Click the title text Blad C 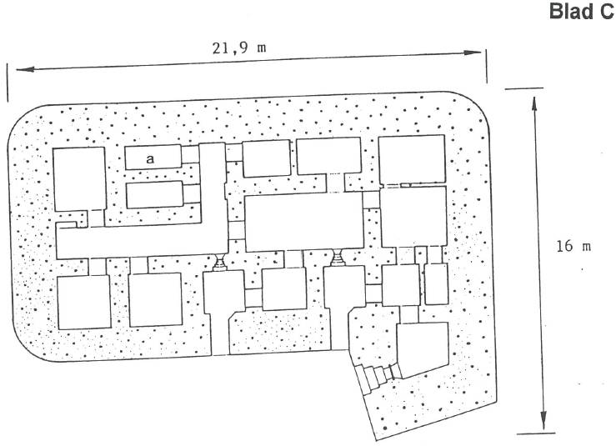pyautogui.click(x=582, y=12)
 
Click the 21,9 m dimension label pyautogui.click(x=239, y=48)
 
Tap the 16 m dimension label pyautogui.click(x=573, y=247)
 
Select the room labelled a pyautogui.click(x=153, y=158)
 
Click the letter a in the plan pyautogui.click(x=150, y=159)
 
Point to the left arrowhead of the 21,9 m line pyautogui.click(x=24, y=69)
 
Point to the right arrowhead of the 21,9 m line pyautogui.click(x=473, y=53)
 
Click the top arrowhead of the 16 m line pyautogui.click(x=533, y=105)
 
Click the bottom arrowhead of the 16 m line pyautogui.click(x=543, y=421)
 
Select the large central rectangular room pyautogui.click(x=304, y=222)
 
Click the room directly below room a pyautogui.click(x=155, y=194)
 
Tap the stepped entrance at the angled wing pyautogui.click(x=374, y=378)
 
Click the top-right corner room pyautogui.click(x=412, y=159)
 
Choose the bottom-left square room pyautogui.click(x=84, y=302)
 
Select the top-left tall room pyautogui.click(x=79, y=179)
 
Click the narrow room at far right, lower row pyautogui.click(x=437, y=283)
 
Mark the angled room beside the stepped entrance pyautogui.click(x=423, y=350)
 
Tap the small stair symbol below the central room pyautogui.click(x=338, y=258)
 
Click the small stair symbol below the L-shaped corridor pyautogui.click(x=219, y=262)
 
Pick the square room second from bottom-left pyautogui.click(x=156, y=299)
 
